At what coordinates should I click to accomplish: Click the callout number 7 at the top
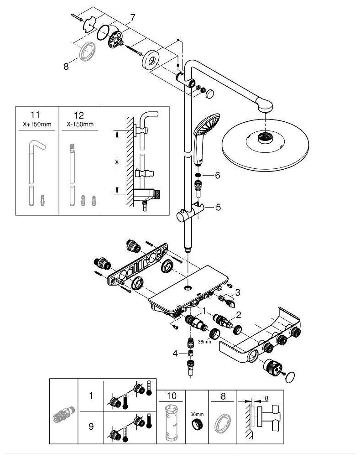point(132,18)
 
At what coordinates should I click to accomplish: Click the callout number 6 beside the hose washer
point(218,175)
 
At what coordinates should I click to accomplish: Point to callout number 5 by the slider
point(218,207)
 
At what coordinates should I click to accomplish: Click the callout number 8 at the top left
point(66,66)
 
